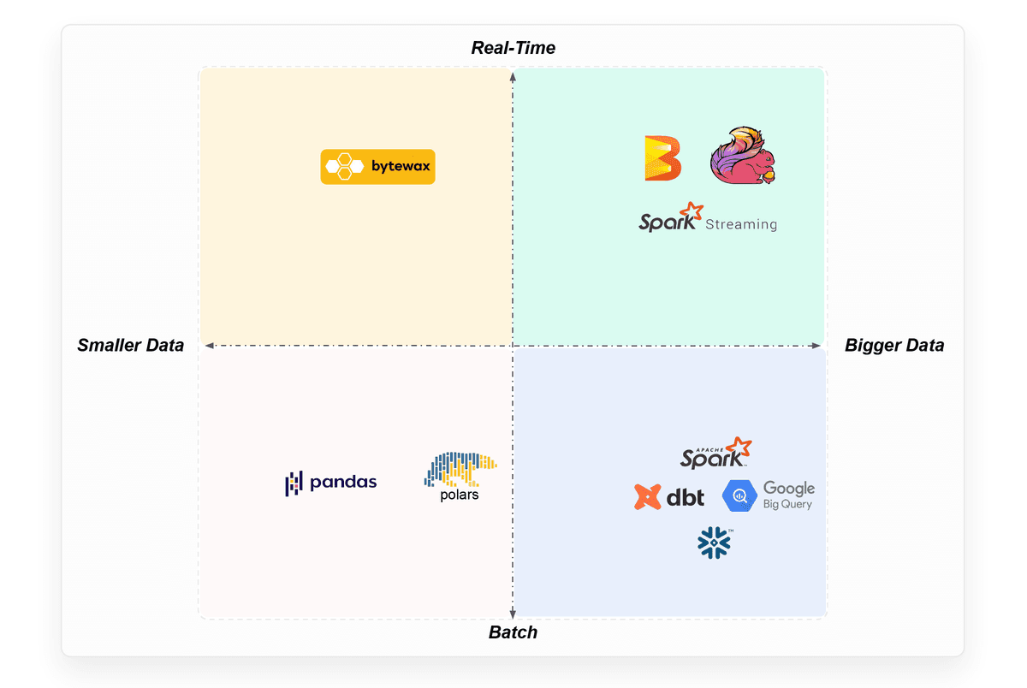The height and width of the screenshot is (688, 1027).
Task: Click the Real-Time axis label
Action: point(513,48)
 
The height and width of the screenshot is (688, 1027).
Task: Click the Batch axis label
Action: point(513,632)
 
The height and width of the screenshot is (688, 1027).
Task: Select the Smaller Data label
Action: point(130,346)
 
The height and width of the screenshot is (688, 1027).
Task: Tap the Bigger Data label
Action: point(894,346)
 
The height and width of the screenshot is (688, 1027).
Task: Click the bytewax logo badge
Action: point(377,167)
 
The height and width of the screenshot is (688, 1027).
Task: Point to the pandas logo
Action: point(330,483)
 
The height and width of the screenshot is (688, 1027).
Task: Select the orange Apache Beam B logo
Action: point(662,158)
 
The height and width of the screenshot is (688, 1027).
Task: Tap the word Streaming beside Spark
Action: point(741,225)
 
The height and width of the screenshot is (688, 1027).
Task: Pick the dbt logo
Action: point(669,496)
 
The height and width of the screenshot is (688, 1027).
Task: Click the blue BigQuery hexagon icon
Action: point(740,496)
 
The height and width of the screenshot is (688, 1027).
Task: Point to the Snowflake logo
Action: point(715,543)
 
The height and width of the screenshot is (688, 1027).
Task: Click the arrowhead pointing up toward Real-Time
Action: point(513,76)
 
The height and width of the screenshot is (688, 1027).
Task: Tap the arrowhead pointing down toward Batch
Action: point(513,612)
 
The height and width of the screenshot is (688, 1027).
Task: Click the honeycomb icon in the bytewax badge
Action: point(343,167)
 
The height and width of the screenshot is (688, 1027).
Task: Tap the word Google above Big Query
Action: point(789,489)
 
